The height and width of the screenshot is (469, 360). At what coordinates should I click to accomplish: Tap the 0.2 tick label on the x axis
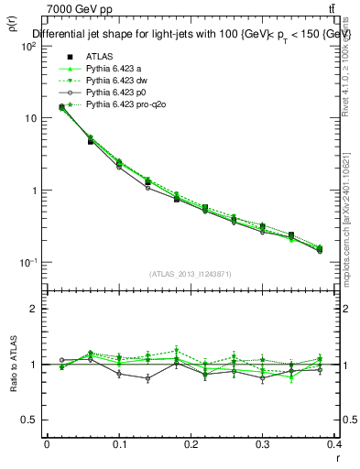[191, 445]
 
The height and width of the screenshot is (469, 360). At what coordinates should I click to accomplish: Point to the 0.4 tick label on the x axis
[334, 445]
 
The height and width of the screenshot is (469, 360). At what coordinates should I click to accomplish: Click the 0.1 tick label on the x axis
[118, 445]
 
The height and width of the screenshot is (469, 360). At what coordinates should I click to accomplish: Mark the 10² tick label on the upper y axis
[29, 46]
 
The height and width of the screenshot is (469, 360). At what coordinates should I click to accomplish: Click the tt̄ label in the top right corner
[344, 9]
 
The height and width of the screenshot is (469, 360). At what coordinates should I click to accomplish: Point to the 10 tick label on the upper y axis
[31, 118]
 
